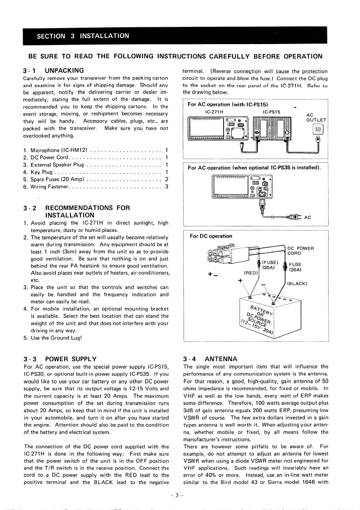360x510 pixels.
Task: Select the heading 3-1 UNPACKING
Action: tap(54, 70)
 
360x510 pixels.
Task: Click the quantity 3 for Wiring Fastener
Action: tap(167, 186)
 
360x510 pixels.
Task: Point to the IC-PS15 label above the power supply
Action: tap(271, 111)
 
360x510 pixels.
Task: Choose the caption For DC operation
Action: tap(211, 236)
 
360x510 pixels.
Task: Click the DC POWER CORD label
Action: tap(301, 250)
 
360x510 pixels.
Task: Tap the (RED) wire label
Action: tap(251, 273)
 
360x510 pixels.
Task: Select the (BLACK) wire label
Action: tap(298, 284)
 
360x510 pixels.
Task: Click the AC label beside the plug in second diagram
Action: tap(307, 217)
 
